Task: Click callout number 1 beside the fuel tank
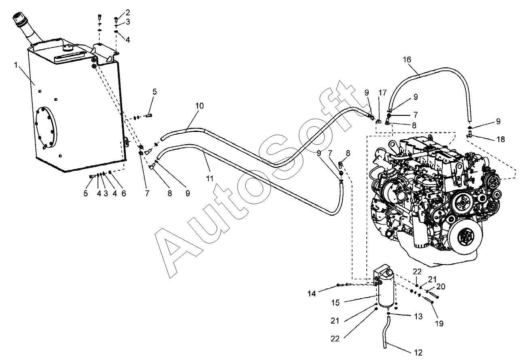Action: point(16,66)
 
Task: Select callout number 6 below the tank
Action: point(124,193)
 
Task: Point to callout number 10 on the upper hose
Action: point(199,106)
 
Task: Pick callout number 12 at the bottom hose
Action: point(419,353)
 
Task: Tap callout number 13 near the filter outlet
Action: point(418,316)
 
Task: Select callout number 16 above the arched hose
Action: point(407,59)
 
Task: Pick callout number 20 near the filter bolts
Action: point(441,286)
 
